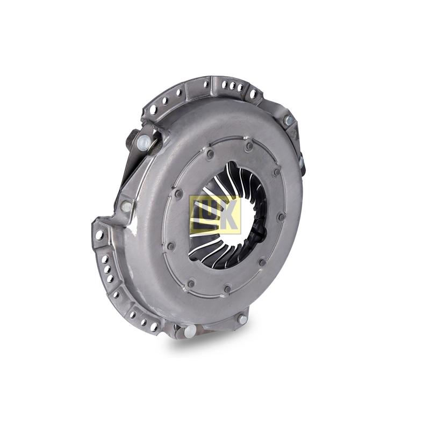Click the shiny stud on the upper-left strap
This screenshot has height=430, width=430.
click(144, 141)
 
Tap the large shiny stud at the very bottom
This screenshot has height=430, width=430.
click(190, 331)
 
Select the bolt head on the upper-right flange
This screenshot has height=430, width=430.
click(289, 119)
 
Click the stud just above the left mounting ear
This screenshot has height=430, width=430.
click(127, 206)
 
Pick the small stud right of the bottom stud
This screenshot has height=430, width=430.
click(242, 319)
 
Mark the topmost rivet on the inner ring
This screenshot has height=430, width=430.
click(249, 145)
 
